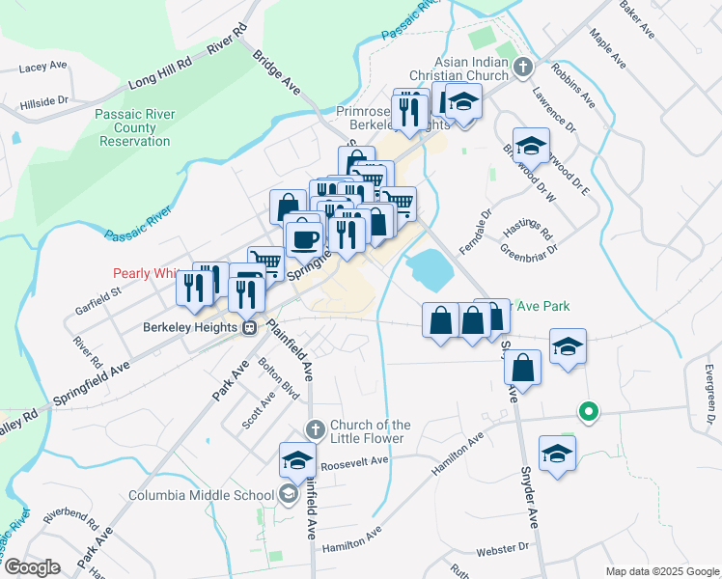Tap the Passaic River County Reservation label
coord(134,127)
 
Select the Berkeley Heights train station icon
coord(249,327)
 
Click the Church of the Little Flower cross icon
coord(314,428)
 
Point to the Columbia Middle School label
coord(202,496)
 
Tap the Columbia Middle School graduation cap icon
coord(288,496)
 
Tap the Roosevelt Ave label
coord(354,460)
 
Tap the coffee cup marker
coord(303,237)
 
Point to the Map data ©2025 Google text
coord(661,571)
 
